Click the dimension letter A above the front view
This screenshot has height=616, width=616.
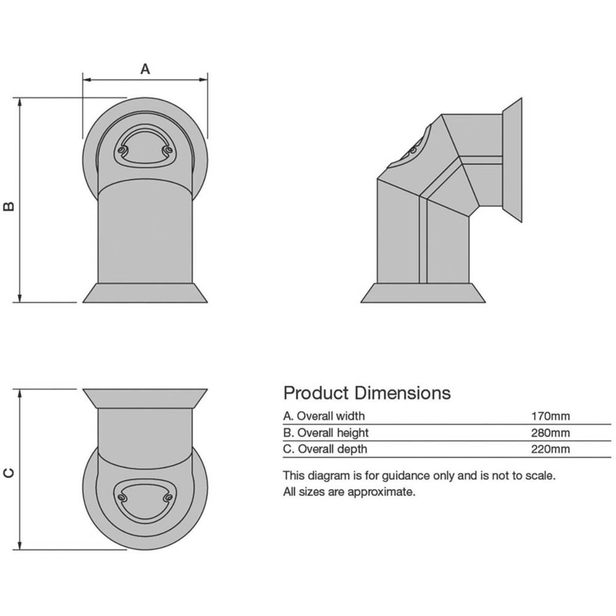coord(145,69)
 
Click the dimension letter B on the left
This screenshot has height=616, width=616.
coord(9,205)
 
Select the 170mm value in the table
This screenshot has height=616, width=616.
coord(550,416)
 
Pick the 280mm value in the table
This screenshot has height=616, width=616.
coord(550,432)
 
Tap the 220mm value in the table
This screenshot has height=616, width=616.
coord(550,449)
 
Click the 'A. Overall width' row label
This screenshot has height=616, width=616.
coord(324,416)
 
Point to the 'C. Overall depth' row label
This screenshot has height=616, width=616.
coord(325,449)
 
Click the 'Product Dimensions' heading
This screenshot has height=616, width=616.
coord(367,393)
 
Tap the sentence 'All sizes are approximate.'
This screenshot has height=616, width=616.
coord(349,492)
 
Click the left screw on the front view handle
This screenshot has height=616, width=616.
coord(122,150)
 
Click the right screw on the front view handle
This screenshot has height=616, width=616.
coord(167,149)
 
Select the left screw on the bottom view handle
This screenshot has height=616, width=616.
coord(122,498)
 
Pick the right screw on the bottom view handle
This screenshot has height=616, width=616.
coord(167,498)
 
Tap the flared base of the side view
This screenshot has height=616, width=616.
coord(422,293)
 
